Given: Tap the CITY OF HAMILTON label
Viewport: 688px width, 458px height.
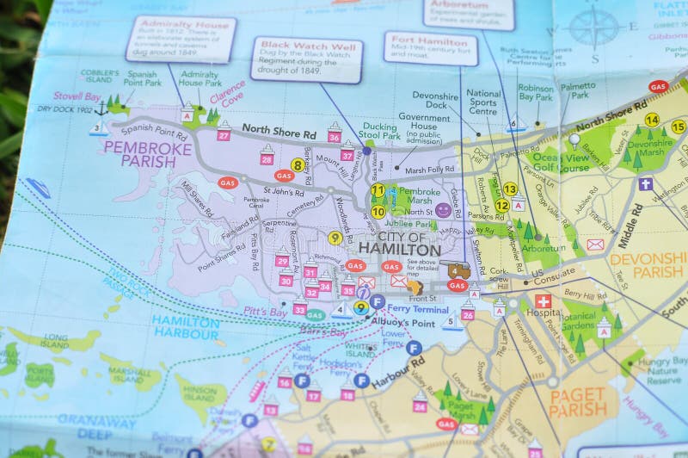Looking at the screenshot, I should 398,243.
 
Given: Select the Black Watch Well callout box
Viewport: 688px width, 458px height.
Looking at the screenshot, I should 307,60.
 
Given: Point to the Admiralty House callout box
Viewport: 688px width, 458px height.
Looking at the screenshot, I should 181,39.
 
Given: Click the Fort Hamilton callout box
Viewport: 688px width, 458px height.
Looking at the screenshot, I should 419,48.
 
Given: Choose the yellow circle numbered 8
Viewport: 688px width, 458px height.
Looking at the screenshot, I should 298,164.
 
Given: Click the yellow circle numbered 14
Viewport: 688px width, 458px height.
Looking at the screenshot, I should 652,121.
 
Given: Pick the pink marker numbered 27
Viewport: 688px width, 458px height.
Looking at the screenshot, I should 224,135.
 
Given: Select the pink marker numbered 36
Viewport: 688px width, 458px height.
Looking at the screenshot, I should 335,136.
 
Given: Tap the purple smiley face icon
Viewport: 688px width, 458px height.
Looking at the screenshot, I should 443,209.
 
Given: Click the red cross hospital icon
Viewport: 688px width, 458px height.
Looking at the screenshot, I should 543,301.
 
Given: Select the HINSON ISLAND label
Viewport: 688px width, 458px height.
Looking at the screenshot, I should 200,393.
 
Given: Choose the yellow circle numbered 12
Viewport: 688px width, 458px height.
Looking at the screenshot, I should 501,205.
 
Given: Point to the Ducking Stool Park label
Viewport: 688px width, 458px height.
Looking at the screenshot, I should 379,131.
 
